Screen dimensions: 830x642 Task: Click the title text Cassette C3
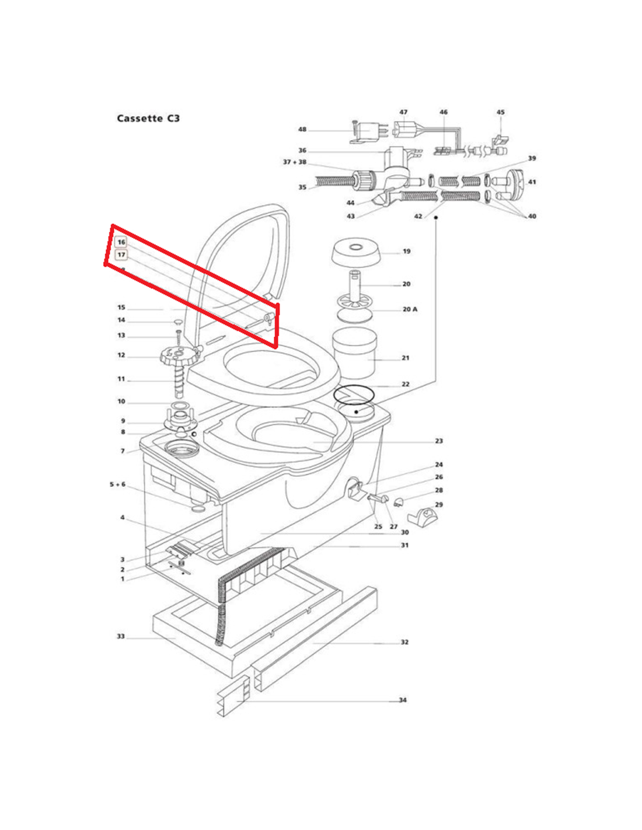tap(148, 118)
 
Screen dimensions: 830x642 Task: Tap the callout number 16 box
tap(121, 242)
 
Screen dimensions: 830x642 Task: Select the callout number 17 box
tap(121, 255)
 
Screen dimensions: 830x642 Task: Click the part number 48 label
tap(302, 130)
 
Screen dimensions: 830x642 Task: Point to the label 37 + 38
tap(295, 162)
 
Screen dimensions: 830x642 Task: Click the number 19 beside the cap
tap(406, 252)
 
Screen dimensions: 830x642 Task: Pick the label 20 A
tap(410, 309)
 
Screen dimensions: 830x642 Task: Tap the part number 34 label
tap(402, 700)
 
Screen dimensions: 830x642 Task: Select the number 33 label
tap(121, 636)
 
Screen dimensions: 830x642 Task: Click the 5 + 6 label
tap(117, 484)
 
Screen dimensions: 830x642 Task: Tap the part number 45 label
tap(500, 112)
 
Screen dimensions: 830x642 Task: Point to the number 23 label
tap(438, 441)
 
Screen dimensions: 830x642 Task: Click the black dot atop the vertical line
tap(436, 217)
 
